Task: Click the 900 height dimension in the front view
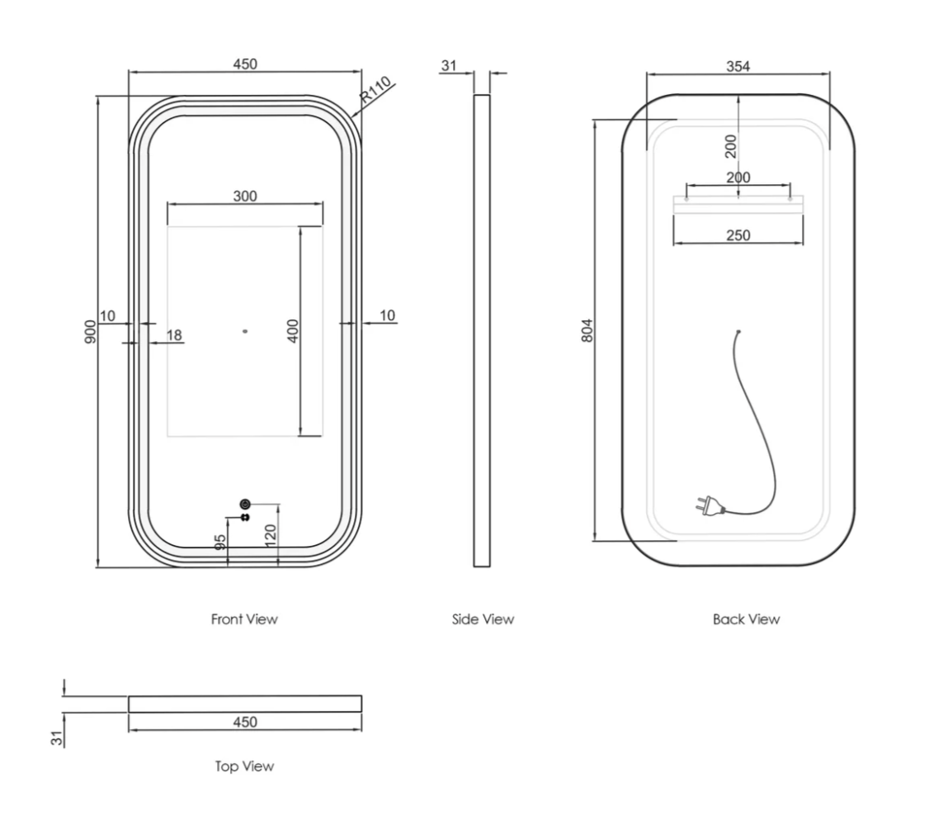pos(91,331)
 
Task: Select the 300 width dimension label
pos(245,197)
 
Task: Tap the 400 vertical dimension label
pos(293,330)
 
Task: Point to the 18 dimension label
pos(174,335)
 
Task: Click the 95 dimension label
pos(220,543)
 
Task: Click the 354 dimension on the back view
pos(738,67)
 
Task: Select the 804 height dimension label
pos(587,330)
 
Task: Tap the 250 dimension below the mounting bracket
pos(738,236)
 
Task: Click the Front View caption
pos(244,618)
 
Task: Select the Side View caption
pos(483,618)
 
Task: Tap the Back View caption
pos(746,618)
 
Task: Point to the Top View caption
pos(244,766)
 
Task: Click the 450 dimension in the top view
pos(245,723)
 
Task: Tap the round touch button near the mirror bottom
pos(244,504)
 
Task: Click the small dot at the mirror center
pos(244,332)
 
